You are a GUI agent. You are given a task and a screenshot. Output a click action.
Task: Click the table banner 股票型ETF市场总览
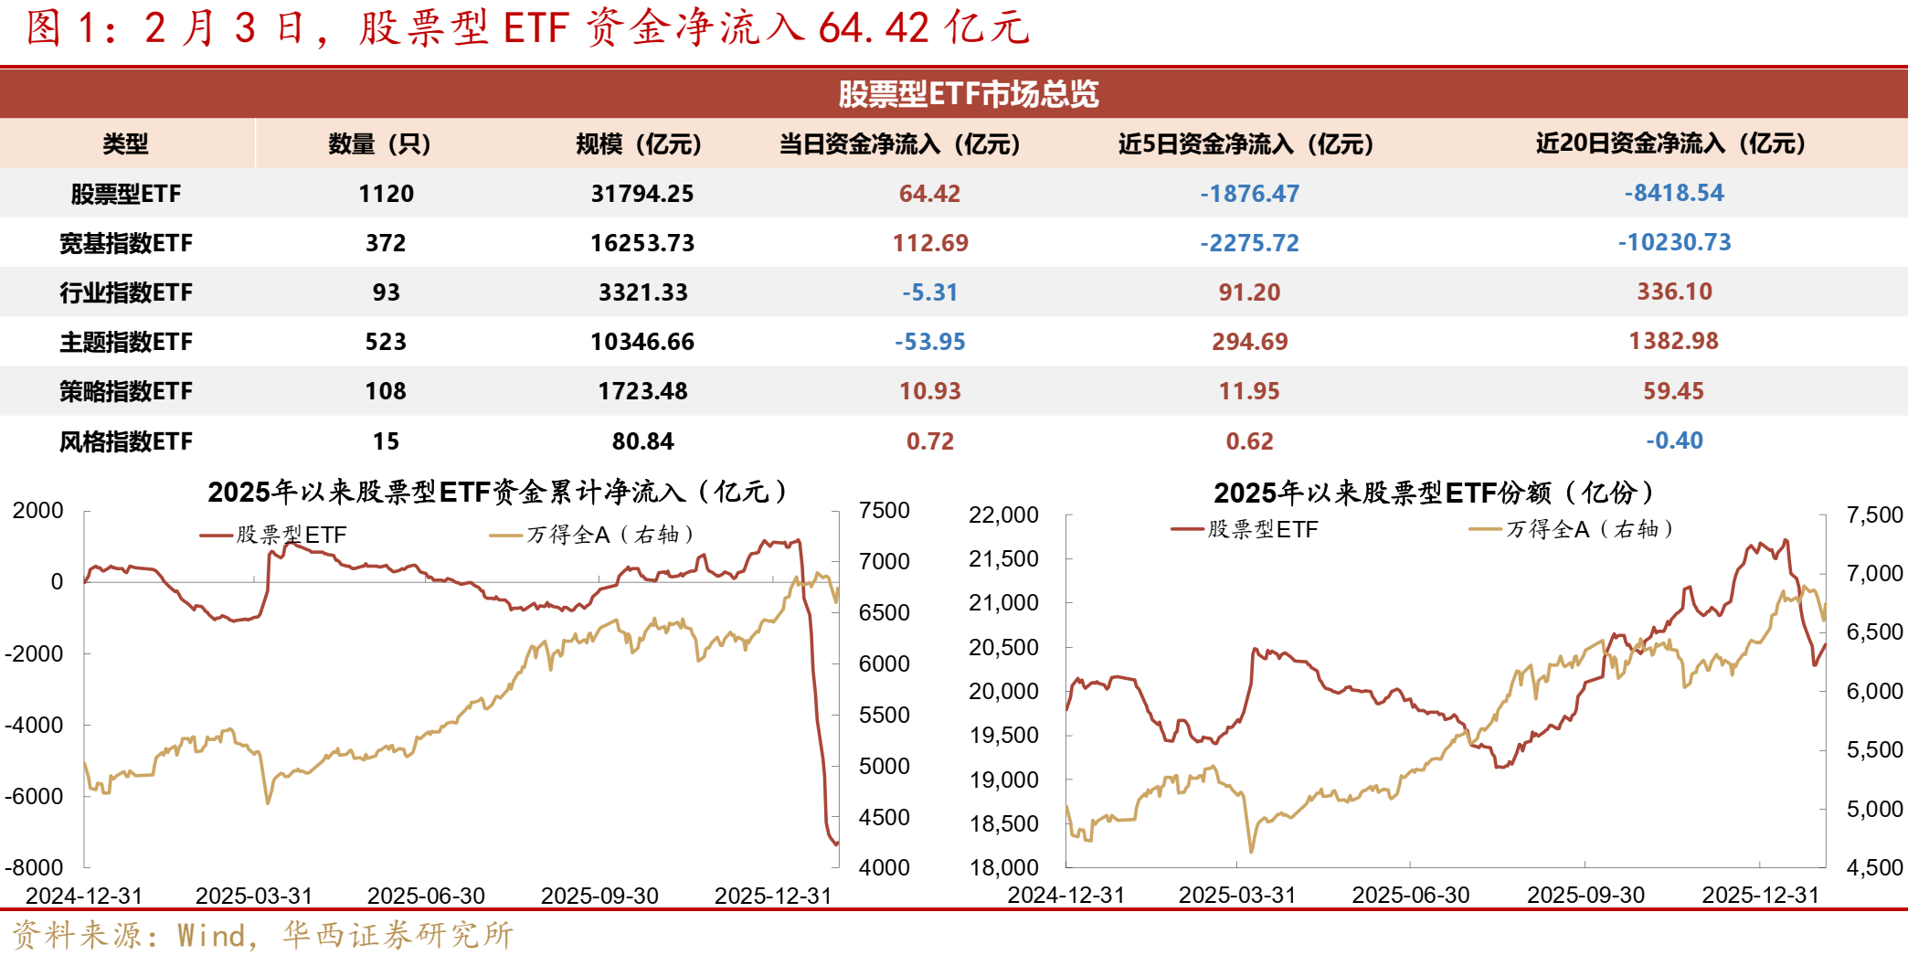click(968, 93)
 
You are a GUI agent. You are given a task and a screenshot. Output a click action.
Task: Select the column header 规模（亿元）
click(639, 143)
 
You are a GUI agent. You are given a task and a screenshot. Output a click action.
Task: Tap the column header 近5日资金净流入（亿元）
click(1246, 143)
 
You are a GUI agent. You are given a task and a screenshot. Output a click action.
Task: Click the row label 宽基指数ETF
click(126, 243)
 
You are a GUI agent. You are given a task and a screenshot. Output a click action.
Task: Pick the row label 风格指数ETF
click(126, 441)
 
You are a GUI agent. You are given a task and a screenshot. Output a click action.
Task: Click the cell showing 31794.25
click(642, 194)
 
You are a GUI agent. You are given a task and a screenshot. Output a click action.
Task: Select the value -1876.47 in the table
click(1249, 194)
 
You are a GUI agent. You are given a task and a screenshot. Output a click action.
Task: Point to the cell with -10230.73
click(1674, 242)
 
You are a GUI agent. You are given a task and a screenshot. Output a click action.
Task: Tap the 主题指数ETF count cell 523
click(386, 342)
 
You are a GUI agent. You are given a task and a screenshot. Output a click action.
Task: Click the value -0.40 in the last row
click(1674, 440)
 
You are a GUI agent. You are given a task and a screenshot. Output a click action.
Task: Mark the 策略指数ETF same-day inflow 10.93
click(929, 391)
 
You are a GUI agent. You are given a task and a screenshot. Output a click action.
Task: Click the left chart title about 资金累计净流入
click(498, 492)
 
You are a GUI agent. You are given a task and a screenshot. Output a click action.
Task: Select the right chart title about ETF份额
click(1435, 493)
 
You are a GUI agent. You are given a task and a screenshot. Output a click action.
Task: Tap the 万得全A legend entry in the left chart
click(594, 535)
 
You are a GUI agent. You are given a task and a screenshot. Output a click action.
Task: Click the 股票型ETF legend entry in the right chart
click(1246, 529)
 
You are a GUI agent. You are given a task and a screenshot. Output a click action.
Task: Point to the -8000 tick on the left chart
click(35, 867)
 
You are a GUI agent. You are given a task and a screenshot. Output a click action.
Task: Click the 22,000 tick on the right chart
click(1003, 515)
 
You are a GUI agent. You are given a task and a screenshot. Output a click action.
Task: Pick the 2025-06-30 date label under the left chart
click(426, 896)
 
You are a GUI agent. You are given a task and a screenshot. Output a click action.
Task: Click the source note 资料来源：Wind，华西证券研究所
click(263, 935)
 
